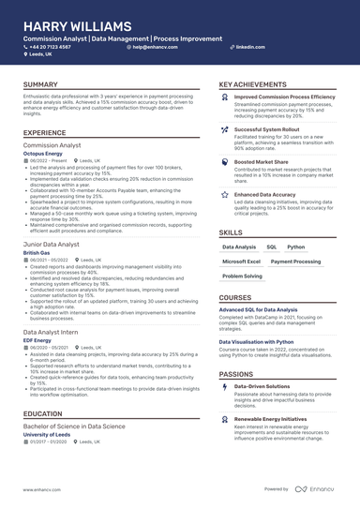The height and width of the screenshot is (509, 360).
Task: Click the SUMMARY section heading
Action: pos(41,85)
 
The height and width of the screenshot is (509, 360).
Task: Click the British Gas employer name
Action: pos(37,253)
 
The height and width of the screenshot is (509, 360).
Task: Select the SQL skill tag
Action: pos(271,247)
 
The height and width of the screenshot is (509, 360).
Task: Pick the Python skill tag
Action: pos(295,247)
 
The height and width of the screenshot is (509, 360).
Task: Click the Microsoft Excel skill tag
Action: pos(241,262)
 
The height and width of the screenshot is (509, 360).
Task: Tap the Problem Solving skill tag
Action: pos(242,277)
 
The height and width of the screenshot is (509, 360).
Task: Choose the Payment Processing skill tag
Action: pos(295,262)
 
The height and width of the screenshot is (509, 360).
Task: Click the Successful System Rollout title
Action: pos(267,129)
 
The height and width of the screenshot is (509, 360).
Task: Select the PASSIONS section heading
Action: pos(236,374)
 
